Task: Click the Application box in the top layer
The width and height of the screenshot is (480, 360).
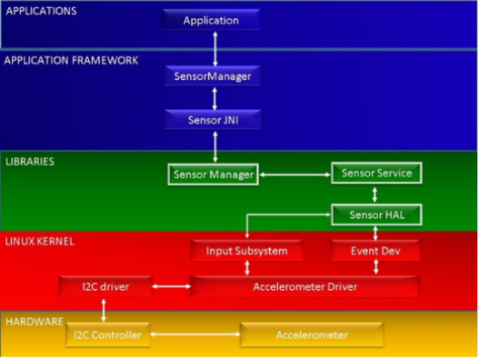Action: click(x=211, y=20)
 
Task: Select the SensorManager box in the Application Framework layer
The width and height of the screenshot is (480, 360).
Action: click(x=212, y=76)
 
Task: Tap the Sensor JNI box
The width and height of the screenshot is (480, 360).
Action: click(x=212, y=119)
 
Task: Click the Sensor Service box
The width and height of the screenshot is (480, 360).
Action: click(x=375, y=173)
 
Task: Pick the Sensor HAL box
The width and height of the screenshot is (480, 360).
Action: click(x=375, y=215)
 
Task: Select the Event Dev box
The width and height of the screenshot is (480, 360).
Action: click(x=375, y=251)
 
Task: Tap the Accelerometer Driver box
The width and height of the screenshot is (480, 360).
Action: click(x=305, y=287)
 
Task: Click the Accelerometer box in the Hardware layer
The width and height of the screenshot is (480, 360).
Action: click(x=311, y=335)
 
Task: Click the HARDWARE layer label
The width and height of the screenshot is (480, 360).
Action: click(x=35, y=321)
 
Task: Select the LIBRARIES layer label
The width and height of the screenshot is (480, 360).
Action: click(x=30, y=161)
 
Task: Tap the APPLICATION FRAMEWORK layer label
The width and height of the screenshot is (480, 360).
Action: click(x=71, y=60)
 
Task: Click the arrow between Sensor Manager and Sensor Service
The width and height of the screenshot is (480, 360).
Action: click(x=294, y=173)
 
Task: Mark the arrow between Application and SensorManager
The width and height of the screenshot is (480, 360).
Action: click(x=215, y=47)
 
